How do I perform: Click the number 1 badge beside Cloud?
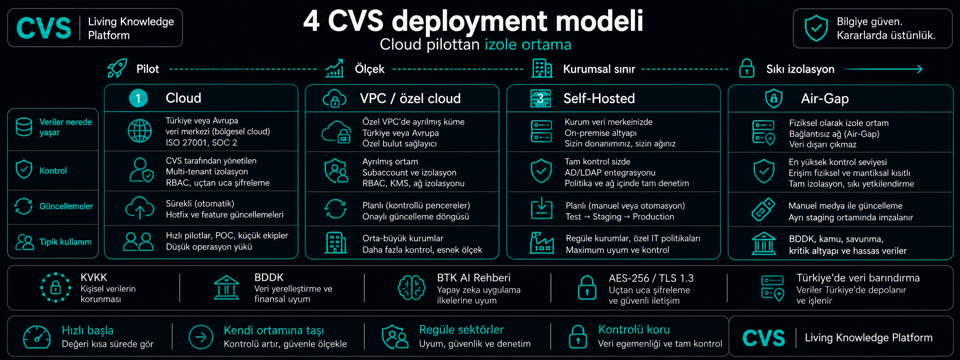point(138,98)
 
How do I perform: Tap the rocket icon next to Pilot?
point(117,68)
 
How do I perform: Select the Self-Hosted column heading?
point(599,98)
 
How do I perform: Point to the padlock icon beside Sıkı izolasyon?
point(747,68)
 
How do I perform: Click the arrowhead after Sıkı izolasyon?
point(919,69)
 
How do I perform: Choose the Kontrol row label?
point(53,171)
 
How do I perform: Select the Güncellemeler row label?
point(66,206)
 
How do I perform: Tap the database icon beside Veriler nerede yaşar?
point(24,127)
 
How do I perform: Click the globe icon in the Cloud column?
point(140,131)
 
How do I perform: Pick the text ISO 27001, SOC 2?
point(201,142)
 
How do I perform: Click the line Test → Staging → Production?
point(620,217)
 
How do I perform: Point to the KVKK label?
point(94,277)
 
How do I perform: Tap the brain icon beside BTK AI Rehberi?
point(412,287)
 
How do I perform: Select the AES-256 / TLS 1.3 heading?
point(651,278)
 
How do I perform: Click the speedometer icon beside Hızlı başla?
point(37,337)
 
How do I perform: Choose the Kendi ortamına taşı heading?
point(274,330)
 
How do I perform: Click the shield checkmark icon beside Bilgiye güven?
point(816,28)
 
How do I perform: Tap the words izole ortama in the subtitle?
point(528,45)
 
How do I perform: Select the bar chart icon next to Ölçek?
point(335,68)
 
